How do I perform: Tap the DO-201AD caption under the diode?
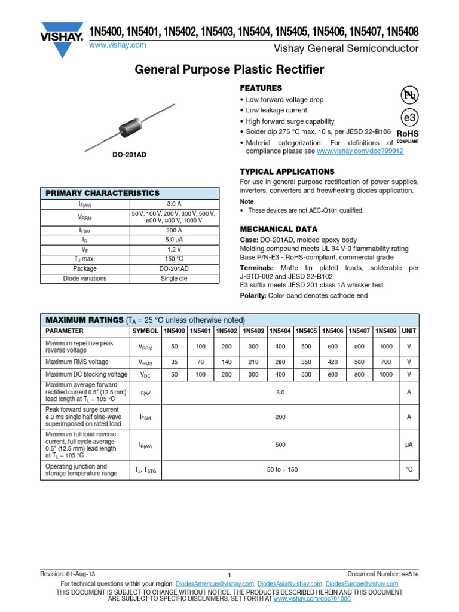click(130, 155)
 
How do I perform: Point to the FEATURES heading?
click(261, 88)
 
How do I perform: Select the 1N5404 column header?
click(280, 331)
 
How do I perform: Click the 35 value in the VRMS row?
click(175, 362)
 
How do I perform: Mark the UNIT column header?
click(409, 331)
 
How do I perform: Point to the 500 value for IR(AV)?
click(280, 445)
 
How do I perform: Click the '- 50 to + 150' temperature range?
click(280, 470)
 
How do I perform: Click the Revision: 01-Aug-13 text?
click(66, 574)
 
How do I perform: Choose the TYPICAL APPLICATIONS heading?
click(287, 172)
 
